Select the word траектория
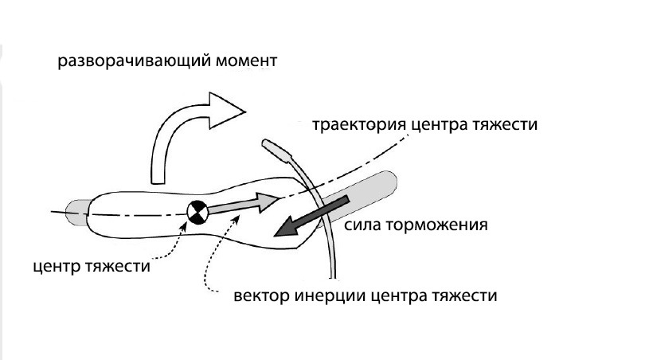coord(358,125)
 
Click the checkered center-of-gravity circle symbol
coord(197,212)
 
